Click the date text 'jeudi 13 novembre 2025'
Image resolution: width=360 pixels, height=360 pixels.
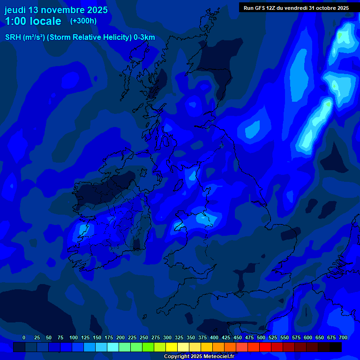56,10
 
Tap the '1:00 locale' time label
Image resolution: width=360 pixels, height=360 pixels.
33,21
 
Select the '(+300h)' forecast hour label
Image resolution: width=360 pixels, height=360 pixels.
83,21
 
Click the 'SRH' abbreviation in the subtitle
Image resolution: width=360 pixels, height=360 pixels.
12,37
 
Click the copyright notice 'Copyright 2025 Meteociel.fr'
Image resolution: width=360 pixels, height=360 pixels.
199,357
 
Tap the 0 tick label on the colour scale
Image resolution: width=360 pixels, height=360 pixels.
24,337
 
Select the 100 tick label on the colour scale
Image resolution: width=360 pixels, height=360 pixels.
74,337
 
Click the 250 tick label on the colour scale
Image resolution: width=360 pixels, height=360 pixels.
144,337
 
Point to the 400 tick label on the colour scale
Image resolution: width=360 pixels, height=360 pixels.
214,337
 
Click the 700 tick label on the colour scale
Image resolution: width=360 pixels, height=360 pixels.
343,337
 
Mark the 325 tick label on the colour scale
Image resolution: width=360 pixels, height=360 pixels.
179,337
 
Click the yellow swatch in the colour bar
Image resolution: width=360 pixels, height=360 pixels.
172,347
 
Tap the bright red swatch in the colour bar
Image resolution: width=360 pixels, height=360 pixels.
265,347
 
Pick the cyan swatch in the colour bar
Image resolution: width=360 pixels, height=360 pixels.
113,347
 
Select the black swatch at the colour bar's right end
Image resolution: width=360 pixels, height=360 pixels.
336,347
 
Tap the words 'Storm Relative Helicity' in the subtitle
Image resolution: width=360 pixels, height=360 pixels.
89,37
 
